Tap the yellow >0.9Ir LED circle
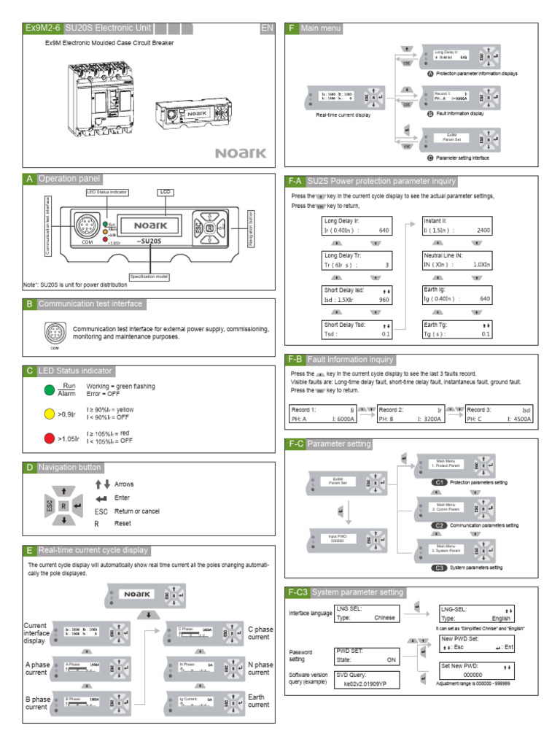[49, 414]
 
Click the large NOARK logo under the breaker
[241, 153]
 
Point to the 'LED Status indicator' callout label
[107, 192]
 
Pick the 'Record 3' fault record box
[499, 414]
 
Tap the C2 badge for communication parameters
[439, 525]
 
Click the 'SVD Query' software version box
[366, 680]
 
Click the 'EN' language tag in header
[267, 28]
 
